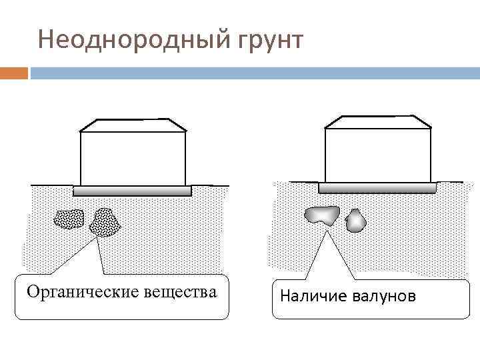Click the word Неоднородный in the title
coord(133,41)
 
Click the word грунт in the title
coord(268,41)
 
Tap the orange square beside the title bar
coord(14,73)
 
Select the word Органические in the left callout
coord(82,292)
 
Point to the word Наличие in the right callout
coord(315,295)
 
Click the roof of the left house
coord(133,125)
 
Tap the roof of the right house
coord(377,121)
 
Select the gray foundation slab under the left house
coord(132,191)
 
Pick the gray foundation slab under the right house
coord(377,187)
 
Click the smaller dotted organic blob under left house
coord(69,218)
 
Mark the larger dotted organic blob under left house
coord(105,222)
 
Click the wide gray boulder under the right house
coord(322,215)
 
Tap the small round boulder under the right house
coord(356,220)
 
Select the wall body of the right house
coord(377,155)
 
